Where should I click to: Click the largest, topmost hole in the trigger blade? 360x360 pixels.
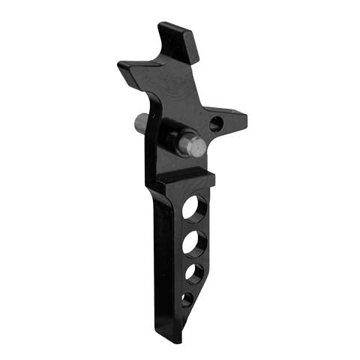[195, 209]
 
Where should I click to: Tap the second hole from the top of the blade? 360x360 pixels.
[193, 244]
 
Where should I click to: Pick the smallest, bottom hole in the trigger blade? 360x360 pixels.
[187, 299]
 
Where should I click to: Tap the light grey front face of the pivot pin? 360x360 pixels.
[196, 148]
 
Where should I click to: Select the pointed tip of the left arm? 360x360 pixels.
[121, 65]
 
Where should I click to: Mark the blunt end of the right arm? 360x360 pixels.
[241, 116]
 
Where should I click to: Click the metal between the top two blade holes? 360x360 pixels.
[194, 227]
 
